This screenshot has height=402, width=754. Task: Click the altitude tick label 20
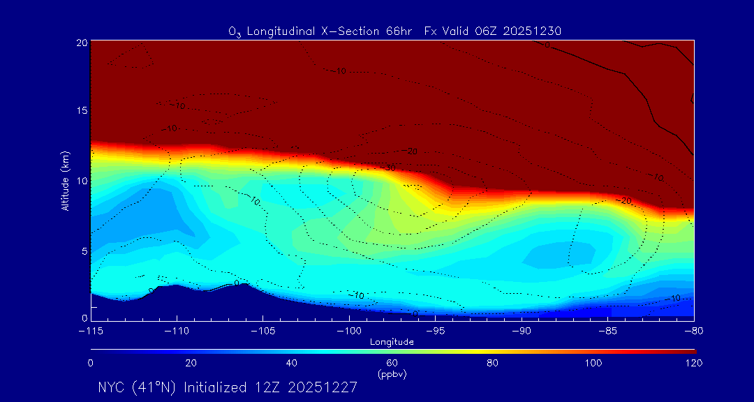click(x=81, y=42)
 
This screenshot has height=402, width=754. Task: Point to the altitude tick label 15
click(x=81, y=111)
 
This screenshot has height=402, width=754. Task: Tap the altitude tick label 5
click(x=84, y=250)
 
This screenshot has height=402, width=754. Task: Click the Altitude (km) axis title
click(x=65, y=181)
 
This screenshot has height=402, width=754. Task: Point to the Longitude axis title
click(x=392, y=341)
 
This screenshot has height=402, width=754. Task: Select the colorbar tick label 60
click(x=392, y=363)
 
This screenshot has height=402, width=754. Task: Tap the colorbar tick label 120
click(x=693, y=363)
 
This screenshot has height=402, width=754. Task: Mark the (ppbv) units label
click(x=392, y=374)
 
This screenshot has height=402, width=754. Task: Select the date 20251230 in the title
click(x=533, y=31)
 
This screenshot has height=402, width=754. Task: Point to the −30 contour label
click(x=389, y=167)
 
